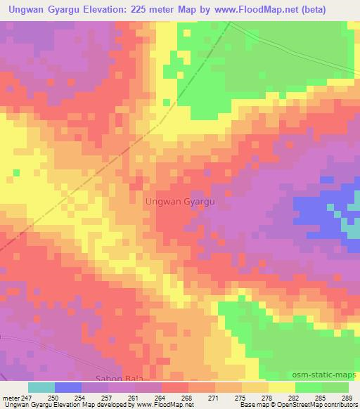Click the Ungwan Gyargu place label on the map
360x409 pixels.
(x=179, y=201)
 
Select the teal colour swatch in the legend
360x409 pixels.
(x=41, y=387)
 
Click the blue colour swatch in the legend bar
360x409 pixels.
(x=68, y=387)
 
